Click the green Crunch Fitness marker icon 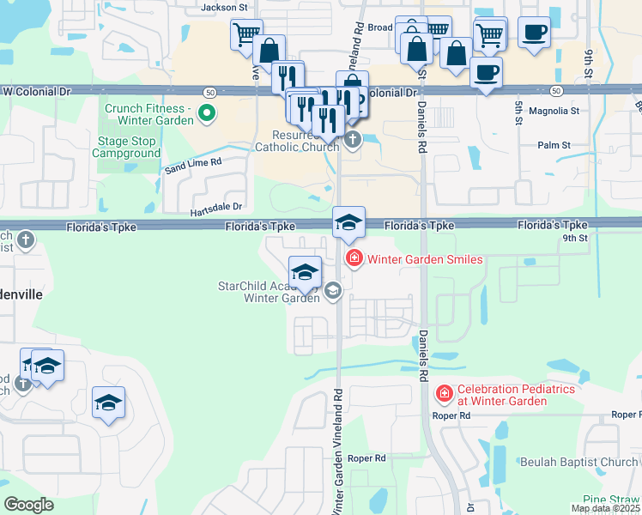pos(206,113)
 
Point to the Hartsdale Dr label pos(216,207)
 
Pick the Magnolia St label pos(554,111)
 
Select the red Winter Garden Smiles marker pos(352,258)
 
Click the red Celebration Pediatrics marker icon pos(445,394)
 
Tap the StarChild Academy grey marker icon pos(333,292)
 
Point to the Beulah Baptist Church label pos(579,462)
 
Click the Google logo pos(28,504)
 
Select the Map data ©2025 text pos(605,508)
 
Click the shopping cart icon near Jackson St pos(246,35)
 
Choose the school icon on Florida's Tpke pos(349,222)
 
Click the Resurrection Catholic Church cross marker pos(352,139)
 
